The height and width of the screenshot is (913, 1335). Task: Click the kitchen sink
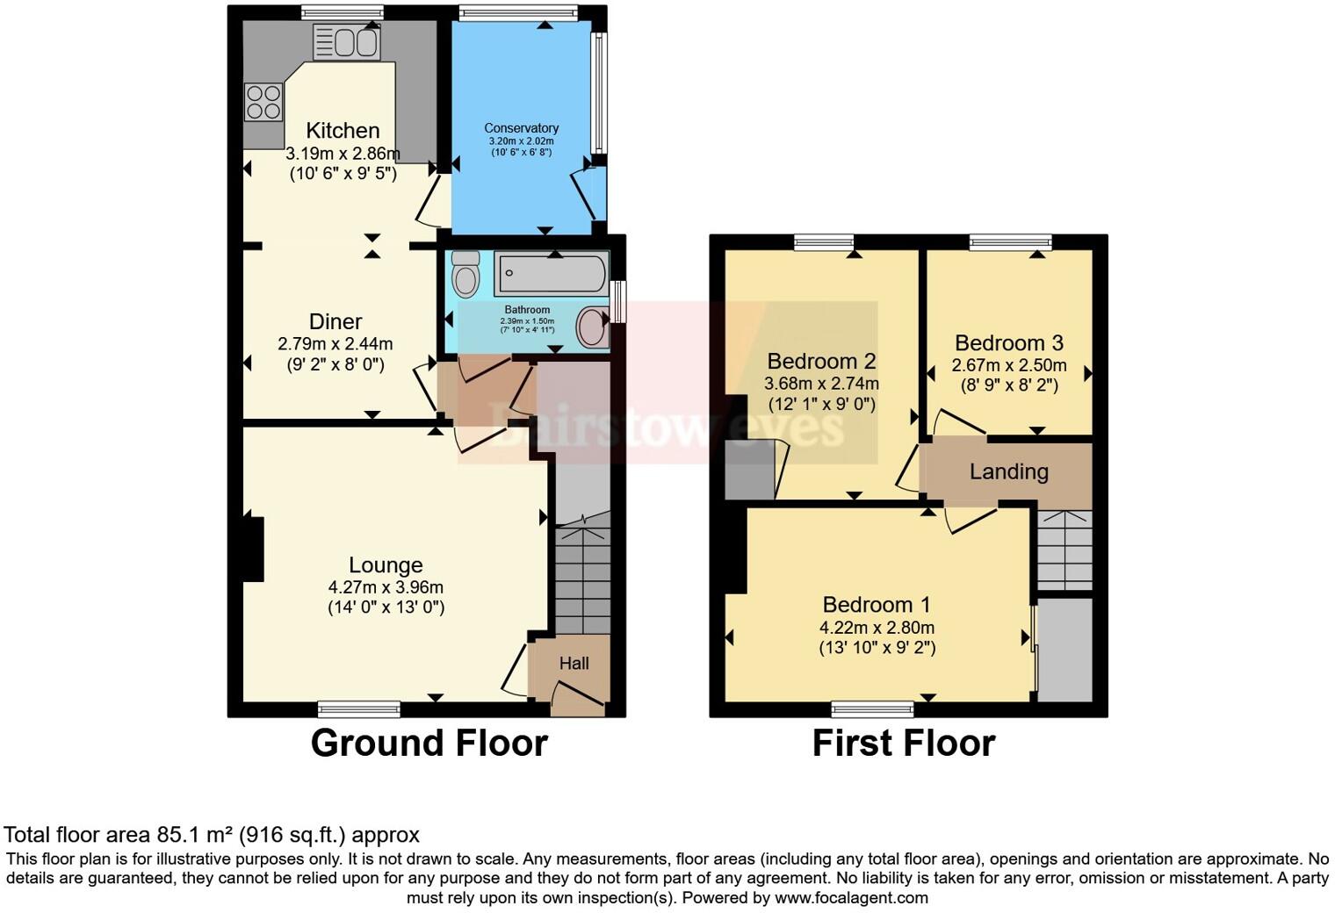coord(346,42)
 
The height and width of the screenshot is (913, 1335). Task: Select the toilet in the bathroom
coord(465,274)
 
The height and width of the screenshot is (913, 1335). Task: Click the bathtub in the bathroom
coord(551,274)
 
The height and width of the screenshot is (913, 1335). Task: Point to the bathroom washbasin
coord(592,328)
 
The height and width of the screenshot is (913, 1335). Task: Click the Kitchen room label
coord(343,131)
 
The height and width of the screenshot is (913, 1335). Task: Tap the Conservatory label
coord(522,128)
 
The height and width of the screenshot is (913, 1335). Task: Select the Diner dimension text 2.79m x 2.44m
coord(336,344)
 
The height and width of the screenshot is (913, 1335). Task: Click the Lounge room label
coord(386,565)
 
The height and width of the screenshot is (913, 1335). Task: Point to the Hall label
coord(574,664)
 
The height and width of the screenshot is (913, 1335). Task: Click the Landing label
coord(1008,472)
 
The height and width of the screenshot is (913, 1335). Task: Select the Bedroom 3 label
coord(1009,343)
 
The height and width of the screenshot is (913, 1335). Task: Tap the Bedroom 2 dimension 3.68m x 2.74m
coord(821,384)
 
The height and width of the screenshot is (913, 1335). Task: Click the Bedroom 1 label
coord(876,605)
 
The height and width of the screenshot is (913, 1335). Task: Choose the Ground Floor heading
coord(429,743)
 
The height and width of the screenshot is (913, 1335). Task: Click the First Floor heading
coord(903,743)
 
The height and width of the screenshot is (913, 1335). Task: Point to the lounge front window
coord(358,708)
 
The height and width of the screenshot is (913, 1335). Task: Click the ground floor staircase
coord(583,579)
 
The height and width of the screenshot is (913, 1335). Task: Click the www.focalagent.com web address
coord(851,898)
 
